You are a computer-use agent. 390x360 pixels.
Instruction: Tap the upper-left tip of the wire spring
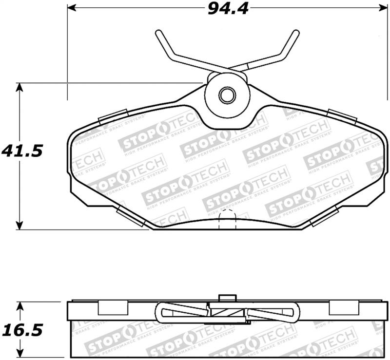158,33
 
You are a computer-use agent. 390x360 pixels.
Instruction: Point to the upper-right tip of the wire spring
295,33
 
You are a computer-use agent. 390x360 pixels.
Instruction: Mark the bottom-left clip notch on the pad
131,217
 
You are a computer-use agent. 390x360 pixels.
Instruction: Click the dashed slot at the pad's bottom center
226,219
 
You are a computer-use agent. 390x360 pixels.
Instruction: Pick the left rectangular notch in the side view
113,308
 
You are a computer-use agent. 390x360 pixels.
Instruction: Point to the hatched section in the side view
227,314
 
